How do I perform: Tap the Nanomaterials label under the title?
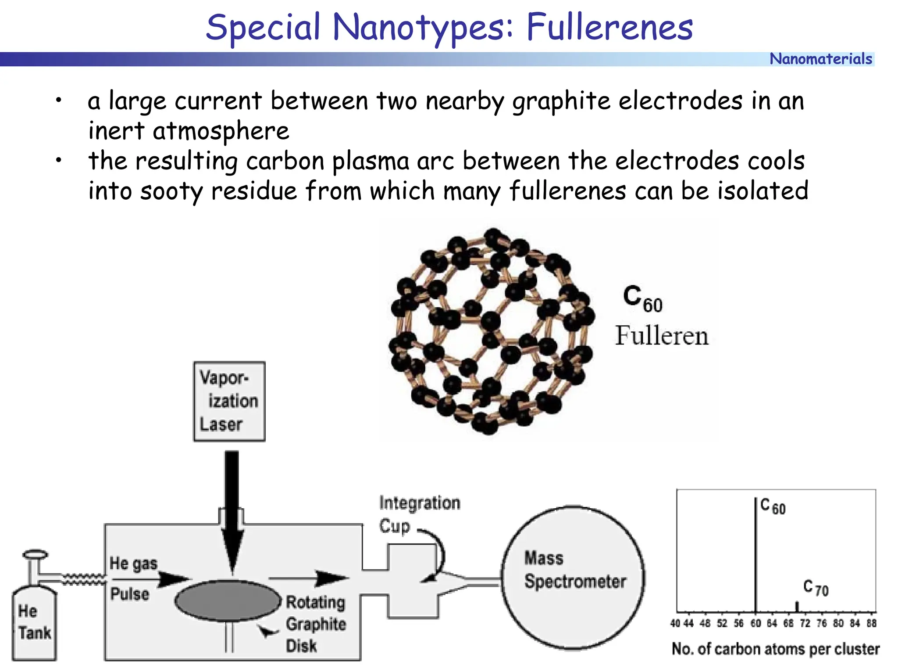820,59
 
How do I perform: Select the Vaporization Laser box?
229,401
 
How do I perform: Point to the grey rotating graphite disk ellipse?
228,600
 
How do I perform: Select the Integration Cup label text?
419,514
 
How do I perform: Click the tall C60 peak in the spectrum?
755,553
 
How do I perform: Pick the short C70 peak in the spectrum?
797,606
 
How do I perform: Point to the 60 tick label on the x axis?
755,623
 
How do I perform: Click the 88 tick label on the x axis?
871,623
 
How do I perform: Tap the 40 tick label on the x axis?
675,623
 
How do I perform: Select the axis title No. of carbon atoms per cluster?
775,649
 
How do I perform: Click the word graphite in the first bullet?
561,101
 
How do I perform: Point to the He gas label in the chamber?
133,564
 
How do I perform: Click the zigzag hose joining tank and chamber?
83,579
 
